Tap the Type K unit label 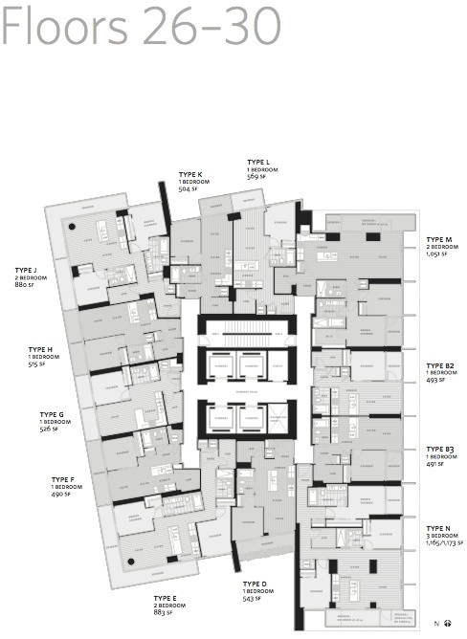191,174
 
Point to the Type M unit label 440,239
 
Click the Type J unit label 27,270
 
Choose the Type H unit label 40,350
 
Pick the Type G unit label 52,414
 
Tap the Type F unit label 64,479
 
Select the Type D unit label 256,584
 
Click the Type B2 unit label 441,365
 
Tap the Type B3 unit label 441,448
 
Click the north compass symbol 447,624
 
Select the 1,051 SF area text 437,254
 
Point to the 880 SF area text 24,285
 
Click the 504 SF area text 189,189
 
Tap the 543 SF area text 253,599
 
